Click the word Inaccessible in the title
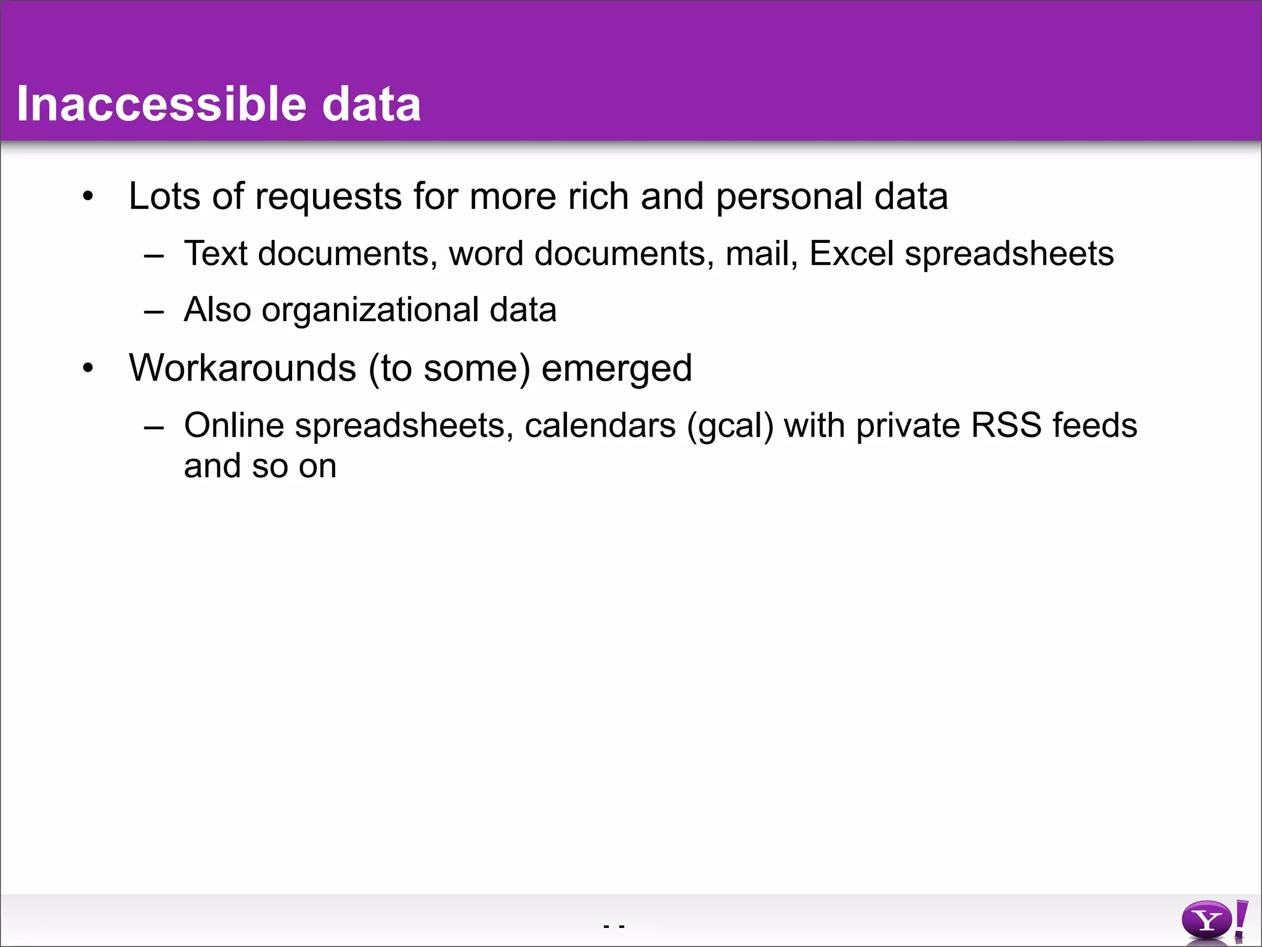161,104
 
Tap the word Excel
851,253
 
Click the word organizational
370,310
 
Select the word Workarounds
242,368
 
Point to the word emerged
616,369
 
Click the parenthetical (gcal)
730,426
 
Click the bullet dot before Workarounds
89,368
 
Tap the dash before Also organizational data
153,311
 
